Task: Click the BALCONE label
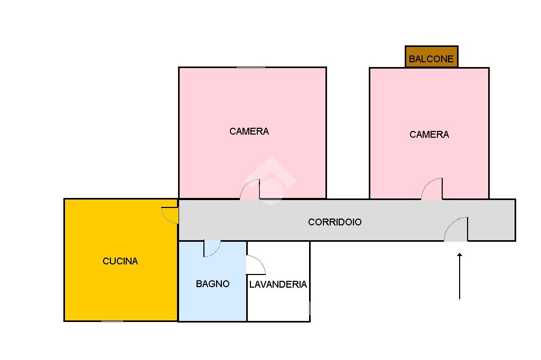(x=431, y=59)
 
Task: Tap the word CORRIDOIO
(x=334, y=222)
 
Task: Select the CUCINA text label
(x=120, y=261)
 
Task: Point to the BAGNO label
(x=212, y=284)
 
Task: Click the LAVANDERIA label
(x=278, y=285)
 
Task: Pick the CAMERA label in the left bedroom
(x=249, y=131)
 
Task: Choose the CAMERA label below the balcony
(x=429, y=135)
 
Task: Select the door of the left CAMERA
(x=251, y=190)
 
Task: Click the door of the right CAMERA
(x=433, y=190)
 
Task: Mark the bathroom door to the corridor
(x=211, y=248)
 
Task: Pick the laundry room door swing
(x=255, y=265)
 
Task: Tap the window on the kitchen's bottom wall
(x=112, y=320)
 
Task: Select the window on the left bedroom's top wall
(x=250, y=67)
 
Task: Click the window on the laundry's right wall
(x=310, y=308)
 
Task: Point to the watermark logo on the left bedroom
(x=269, y=179)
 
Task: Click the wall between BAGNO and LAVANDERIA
(x=247, y=296)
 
